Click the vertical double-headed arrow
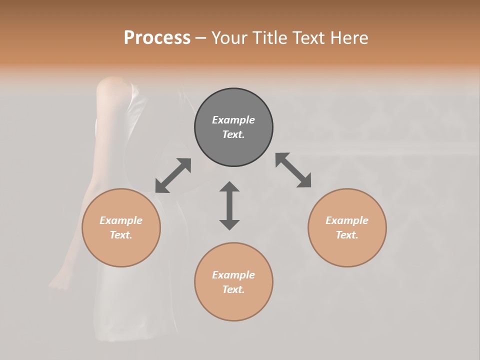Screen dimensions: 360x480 tap(229, 205)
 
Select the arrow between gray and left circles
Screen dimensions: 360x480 tap(173, 175)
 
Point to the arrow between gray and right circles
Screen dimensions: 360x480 tap(293, 170)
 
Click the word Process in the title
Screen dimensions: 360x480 tap(157, 37)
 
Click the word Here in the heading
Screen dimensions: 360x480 tap(350, 37)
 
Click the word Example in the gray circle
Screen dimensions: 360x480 tap(233, 120)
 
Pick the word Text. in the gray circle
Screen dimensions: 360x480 tap(233, 134)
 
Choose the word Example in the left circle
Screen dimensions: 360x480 tap(121, 220)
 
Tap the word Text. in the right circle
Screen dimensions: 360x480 tap(347, 235)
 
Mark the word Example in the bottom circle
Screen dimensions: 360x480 tap(233, 275)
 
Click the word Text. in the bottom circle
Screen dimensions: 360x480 tap(233, 289)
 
